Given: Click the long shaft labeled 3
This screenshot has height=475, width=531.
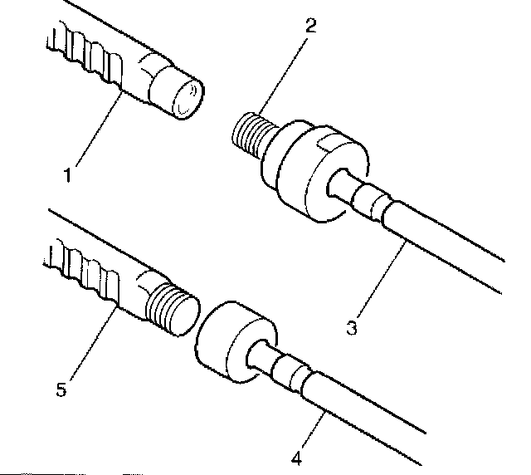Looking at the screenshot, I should [448, 241].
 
